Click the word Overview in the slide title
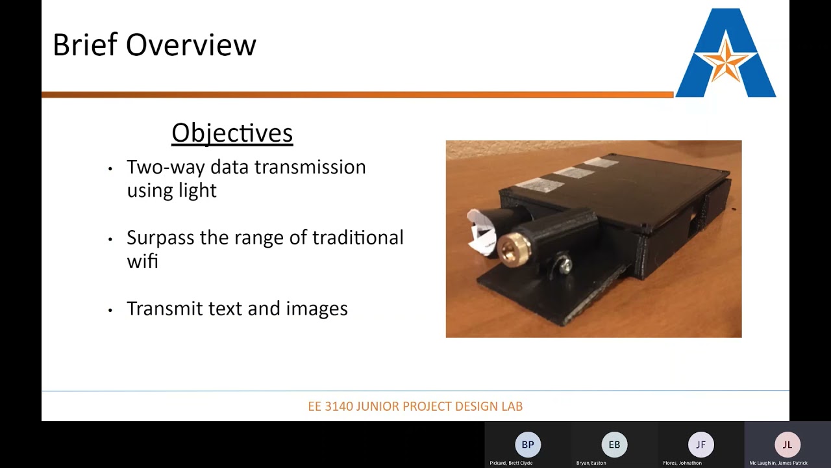click(x=191, y=45)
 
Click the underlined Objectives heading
click(x=232, y=133)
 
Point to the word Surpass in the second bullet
click(x=160, y=238)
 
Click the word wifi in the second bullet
click(x=142, y=261)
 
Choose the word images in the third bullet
click(x=317, y=308)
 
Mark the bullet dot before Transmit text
click(x=110, y=310)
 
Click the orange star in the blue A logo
click(x=725, y=60)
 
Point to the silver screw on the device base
click(x=564, y=264)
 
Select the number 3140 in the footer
click(x=339, y=406)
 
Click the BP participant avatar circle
click(x=528, y=445)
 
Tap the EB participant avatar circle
click(x=614, y=445)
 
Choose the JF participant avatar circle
click(x=701, y=445)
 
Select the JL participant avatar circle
click(x=787, y=445)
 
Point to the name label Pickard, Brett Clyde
click(x=511, y=463)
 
